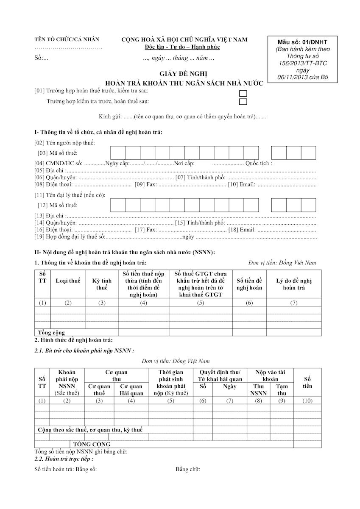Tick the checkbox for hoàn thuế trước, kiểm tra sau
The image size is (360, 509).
[x=243, y=93]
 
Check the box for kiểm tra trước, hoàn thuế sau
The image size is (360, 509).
[x=243, y=102]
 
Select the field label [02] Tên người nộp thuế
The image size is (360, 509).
[x=64, y=143]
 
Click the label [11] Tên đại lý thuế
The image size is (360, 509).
[x=70, y=195]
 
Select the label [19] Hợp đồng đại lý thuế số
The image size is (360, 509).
[x=70, y=236]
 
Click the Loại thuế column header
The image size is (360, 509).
[x=68, y=281]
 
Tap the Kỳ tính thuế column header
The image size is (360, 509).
[x=102, y=284]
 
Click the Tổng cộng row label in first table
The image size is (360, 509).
[x=51, y=333]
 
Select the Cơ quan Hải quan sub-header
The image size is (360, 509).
[x=131, y=389]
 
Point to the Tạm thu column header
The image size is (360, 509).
[x=282, y=389]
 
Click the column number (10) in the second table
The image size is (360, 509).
[x=307, y=401]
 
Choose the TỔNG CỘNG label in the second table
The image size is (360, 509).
[x=92, y=444]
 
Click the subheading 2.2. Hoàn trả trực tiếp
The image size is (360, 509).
[x=64, y=459]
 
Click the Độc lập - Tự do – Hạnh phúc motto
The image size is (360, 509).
[x=182, y=47]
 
